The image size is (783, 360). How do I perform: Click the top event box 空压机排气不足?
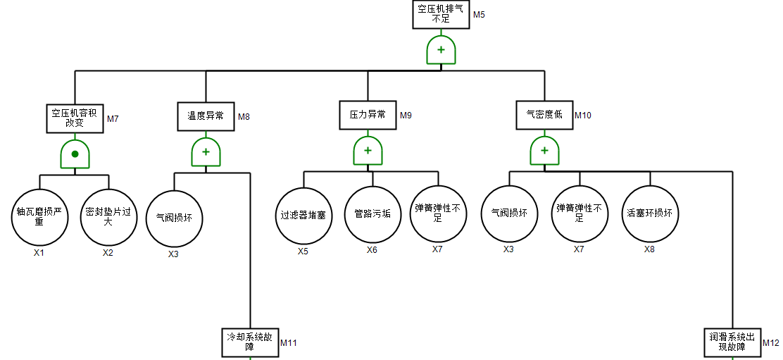[x=441, y=15]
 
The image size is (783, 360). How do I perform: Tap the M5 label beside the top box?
[x=479, y=15]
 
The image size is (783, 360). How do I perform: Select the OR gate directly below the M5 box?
[x=441, y=50]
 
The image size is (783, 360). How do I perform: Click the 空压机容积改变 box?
[x=75, y=119]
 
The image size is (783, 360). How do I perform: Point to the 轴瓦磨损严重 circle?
[x=39, y=215]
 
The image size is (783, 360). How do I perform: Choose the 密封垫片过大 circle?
[x=108, y=215]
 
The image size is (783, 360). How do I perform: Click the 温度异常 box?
[x=206, y=116]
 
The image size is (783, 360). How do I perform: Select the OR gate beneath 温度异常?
[x=206, y=151]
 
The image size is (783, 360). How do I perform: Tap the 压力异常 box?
[x=368, y=116]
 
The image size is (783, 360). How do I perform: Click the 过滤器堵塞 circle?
[x=303, y=215]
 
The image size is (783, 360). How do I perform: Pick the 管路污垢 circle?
[x=372, y=213]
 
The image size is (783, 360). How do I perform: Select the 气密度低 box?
[x=544, y=116]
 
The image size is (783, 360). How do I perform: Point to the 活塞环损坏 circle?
[x=649, y=213]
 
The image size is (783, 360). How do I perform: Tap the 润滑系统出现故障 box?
[x=732, y=342]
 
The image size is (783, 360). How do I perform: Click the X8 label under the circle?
[x=649, y=249]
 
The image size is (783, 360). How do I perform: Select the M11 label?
[x=289, y=343]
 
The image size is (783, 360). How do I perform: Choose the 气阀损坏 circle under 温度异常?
[x=174, y=218]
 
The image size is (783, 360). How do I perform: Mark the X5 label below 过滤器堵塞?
[x=303, y=251]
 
